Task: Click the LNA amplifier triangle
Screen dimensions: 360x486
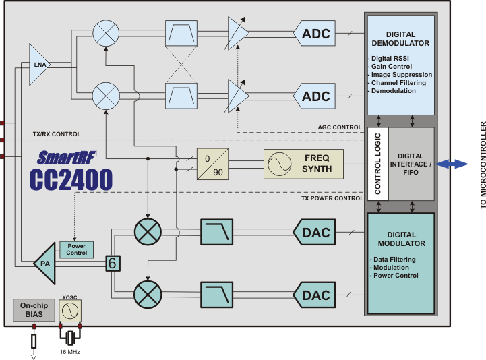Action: [39, 65]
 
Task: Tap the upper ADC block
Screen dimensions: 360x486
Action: [315, 33]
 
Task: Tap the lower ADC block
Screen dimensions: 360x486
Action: [315, 96]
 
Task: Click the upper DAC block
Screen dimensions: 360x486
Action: [315, 232]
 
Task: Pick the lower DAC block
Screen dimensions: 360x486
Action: [315, 295]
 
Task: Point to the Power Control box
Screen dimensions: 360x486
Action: [77, 249]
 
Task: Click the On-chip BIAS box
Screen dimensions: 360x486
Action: [32, 309]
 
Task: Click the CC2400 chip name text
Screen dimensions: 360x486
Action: [71, 179]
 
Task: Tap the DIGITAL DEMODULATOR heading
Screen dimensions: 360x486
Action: [400, 39]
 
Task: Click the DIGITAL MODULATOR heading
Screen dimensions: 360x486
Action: [400, 239]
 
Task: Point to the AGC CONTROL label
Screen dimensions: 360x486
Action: [340, 127]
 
